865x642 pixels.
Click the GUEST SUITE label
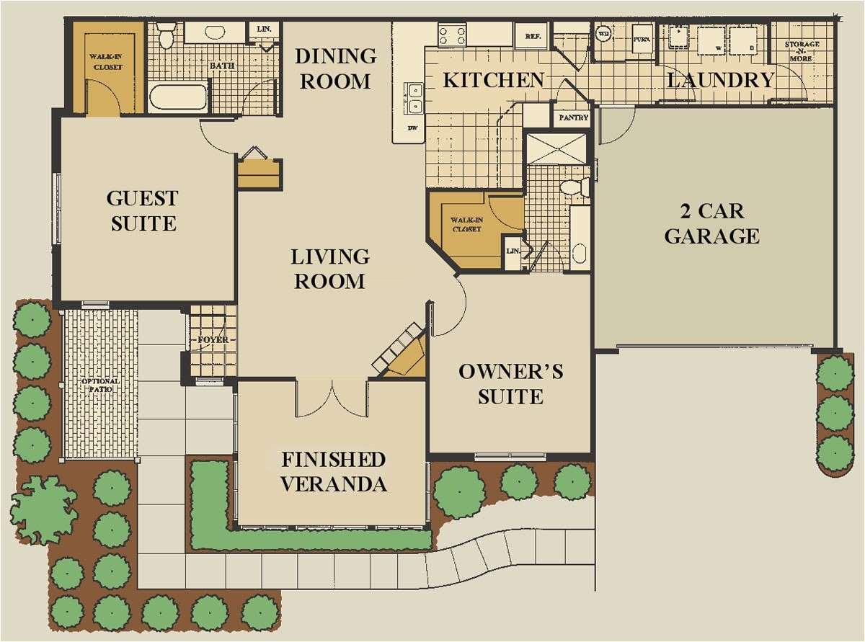coord(143,210)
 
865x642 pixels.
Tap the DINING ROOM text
coord(335,68)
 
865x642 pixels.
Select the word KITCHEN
coord(493,80)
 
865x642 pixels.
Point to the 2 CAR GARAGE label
coord(711,223)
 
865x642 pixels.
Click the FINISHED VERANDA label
coord(333,472)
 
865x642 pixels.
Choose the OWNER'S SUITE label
coord(511,384)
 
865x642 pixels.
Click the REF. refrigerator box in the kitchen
coord(533,35)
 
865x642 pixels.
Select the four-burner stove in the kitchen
coord(452,35)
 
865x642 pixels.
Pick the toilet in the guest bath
coord(167,34)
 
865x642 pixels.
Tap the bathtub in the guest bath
coord(178,97)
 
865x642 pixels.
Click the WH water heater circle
coord(603,33)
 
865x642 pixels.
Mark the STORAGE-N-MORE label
coord(802,50)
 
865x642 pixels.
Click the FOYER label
coord(212,339)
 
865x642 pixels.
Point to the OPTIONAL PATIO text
coord(100,386)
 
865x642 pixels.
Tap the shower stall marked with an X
coord(557,148)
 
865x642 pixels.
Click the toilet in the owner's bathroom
coord(573,187)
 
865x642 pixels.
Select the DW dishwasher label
coord(412,128)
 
